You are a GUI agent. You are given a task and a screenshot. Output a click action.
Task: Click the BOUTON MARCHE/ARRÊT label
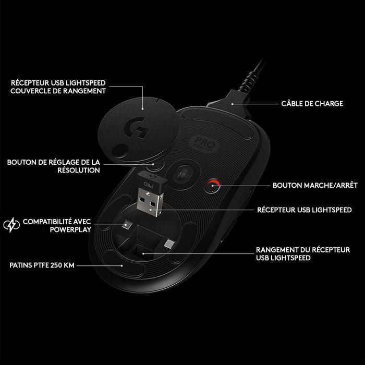tap(308, 185)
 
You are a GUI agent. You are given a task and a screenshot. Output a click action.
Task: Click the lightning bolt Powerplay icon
tap(11, 225)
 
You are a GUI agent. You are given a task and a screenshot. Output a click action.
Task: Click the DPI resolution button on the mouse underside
tap(153, 166)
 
